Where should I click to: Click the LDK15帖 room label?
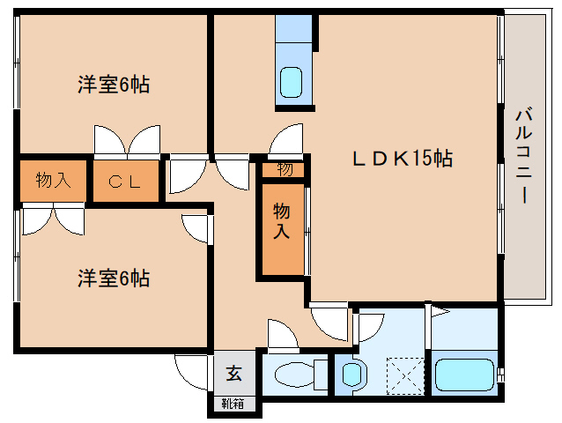click(x=403, y=158)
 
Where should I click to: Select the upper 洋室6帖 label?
click(x=114, y=85)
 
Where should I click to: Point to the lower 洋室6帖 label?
click(x=114, y=278)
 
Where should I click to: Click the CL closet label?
click(x=124, y=182)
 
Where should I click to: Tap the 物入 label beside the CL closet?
click(x=54, y=180)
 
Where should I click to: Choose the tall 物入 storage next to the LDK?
click(x=282, y=220)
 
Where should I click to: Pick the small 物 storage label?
click(x=285, y=169)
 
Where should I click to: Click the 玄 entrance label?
click(x=233, y=373)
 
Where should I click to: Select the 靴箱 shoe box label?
click(x=233, y=404)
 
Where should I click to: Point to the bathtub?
click(x=464, y=375)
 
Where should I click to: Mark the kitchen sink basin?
click(x=291, y=82)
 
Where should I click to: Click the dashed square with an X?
click(x=405, y=375)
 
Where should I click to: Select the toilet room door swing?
click(x=283, y=334)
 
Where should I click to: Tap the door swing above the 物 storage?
click(x=285, y=141)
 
